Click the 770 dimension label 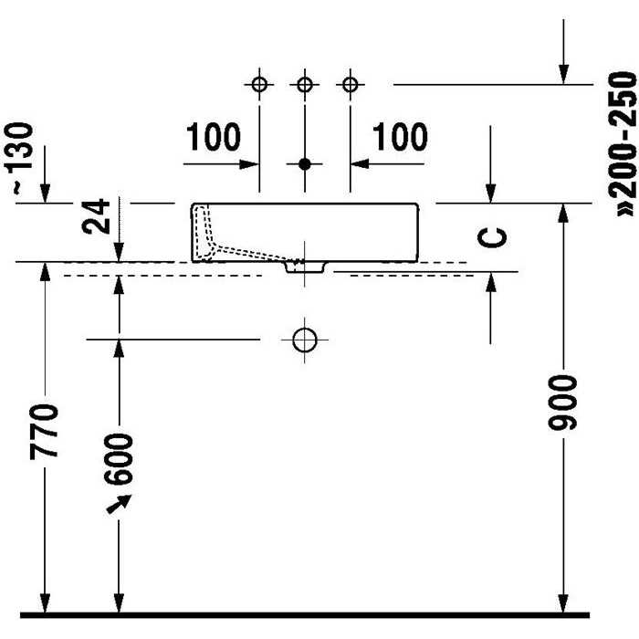tap(44, 432)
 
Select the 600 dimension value tap(118, 459)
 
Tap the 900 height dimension tap(563, 403)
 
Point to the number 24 tap(96, 216)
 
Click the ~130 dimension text tap(18, 158)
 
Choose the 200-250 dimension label tap(622, 144)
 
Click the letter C tap(492, 238)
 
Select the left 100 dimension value tap(214, 137)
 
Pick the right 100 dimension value tap(400, 137)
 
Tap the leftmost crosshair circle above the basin tap(259, 85)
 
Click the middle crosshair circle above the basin tap(304, 85)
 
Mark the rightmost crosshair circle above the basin tap(350, 85)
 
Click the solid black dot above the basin tap(304, 164)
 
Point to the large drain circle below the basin tap(304, 340)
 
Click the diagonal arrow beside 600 tap(119, 504)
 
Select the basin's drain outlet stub tap(306, 267)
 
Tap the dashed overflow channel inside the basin tap(228, 240)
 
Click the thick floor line tap(305, 615)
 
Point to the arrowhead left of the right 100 tap(360, 164)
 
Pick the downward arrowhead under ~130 tap(45, 194)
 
